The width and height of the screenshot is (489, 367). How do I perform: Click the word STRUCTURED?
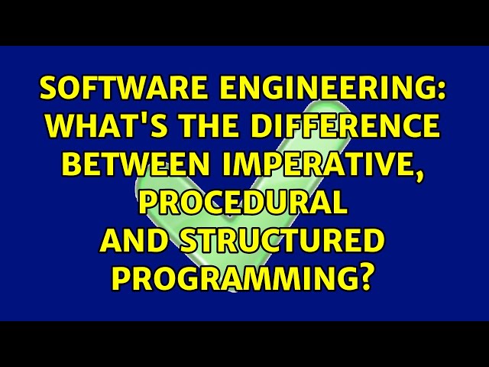tap(280, 242)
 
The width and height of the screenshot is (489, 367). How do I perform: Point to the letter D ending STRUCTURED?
tap(371, 242)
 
